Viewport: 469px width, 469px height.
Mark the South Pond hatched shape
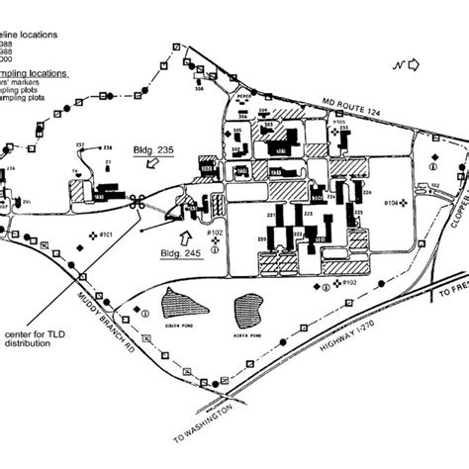tap(181, 304)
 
